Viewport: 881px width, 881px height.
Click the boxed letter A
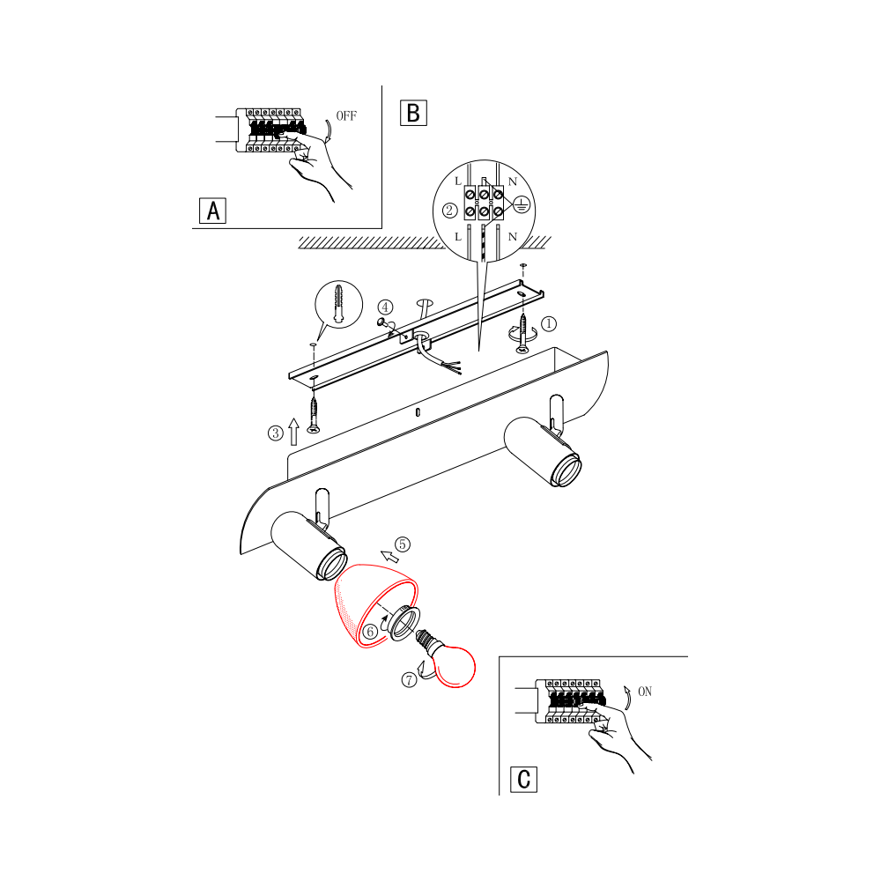[213, 211]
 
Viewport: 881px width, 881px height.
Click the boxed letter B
[413, 113]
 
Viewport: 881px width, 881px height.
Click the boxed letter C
[523, 780]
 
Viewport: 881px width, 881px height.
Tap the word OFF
[346, 115]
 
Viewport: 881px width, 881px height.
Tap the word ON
[645, 692]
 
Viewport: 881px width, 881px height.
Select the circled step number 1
[548, 323]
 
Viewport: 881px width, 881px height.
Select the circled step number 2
[449, 211]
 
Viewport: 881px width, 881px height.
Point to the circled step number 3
[275, 433]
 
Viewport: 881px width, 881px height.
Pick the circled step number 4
[385, 307]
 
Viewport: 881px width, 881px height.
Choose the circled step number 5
[403, 544]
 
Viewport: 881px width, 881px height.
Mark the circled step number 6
[370, 632]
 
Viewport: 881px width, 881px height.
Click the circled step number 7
[409, 680]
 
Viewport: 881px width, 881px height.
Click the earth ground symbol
[522, 205]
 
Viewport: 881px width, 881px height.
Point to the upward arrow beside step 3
[293, 432]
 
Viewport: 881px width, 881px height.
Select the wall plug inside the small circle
[338, 304]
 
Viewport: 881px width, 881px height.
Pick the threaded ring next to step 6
[403, 624]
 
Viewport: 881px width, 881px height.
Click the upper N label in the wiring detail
[513, 181]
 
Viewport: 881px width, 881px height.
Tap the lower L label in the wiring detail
[458, 236]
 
